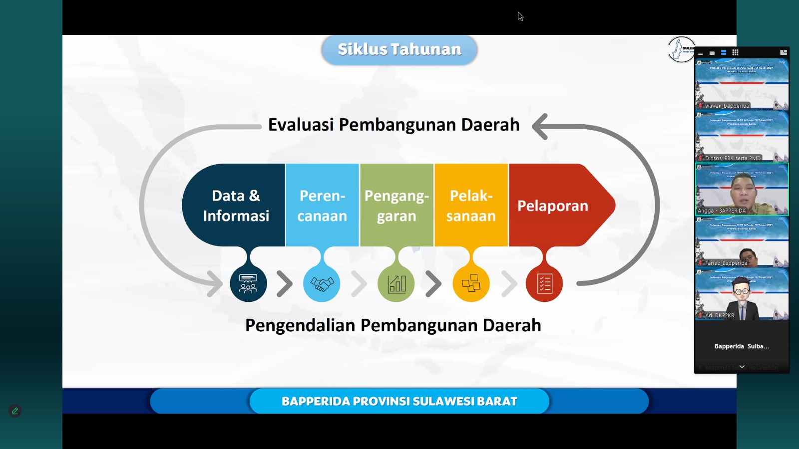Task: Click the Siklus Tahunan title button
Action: (x=399, y=49)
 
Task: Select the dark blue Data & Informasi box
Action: (x=236, y=205)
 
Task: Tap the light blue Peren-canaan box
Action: (x=322, y=205)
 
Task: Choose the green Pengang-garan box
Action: (x=397, y=205)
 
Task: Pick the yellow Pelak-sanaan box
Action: (x=471, y=205)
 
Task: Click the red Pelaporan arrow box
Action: (x=554, y=205)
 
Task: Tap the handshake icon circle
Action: (x=322, y=284)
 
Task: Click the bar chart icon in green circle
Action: (x=397, y=284)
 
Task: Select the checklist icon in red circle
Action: (x=544, y=284)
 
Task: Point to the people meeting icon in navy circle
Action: (x=248, y=284)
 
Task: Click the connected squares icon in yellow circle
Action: (x=471, y=284)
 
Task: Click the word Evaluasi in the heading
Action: (x=301, y=125)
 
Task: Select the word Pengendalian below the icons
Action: (x=300, y=325)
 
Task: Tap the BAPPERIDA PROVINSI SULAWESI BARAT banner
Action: (x=399, y=401)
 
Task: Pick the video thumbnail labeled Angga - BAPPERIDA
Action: (x=742, y=190)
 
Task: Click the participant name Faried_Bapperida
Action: (x=726, y=263)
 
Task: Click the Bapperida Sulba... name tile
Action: (x=742, y=346)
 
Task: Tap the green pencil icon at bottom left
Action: (x=15, y=411)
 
